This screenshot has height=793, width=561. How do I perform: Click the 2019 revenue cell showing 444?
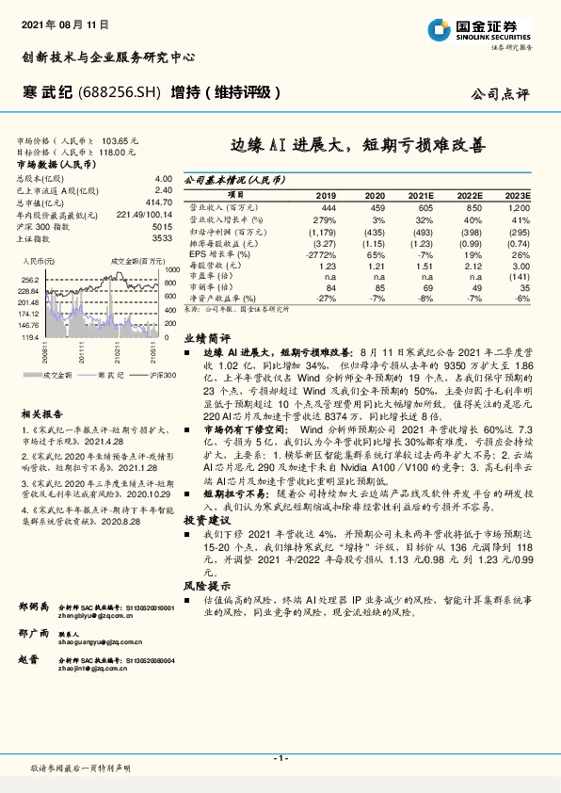[x=328, y=206]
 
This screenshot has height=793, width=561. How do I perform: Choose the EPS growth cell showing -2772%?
[x=323, y=255]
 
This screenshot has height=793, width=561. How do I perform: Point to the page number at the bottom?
[x=280, y=757]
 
